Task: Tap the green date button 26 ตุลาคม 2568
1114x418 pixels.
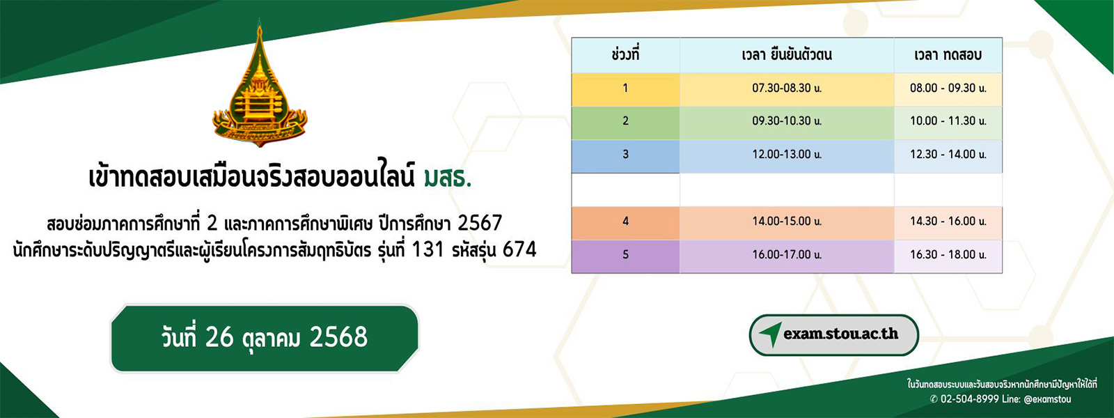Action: (265, 338)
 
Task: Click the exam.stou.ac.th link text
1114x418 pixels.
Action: (840, 334)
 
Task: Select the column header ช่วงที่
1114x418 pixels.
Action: (625, 55)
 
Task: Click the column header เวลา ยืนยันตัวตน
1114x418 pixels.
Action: (787, 55)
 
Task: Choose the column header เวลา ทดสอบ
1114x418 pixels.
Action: (948, 55)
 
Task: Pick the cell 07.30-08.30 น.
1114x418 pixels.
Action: (787, 88)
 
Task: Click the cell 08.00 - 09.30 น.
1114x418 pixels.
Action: (948, 88)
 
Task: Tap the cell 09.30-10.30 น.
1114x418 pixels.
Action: (787, 121)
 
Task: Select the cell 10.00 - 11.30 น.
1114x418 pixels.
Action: (948, 121)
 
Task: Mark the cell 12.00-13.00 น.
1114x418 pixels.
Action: (787, 155)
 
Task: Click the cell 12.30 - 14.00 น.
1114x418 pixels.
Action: (948, 155)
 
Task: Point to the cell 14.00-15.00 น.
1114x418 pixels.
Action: (787, 222)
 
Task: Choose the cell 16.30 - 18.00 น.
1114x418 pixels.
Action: (948, 255)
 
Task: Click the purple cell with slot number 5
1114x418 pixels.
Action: (625, 255)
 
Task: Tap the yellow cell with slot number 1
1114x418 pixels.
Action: (625, 88)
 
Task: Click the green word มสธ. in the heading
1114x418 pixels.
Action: (447, 178)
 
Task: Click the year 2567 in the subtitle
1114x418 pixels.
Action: (479, 223)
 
